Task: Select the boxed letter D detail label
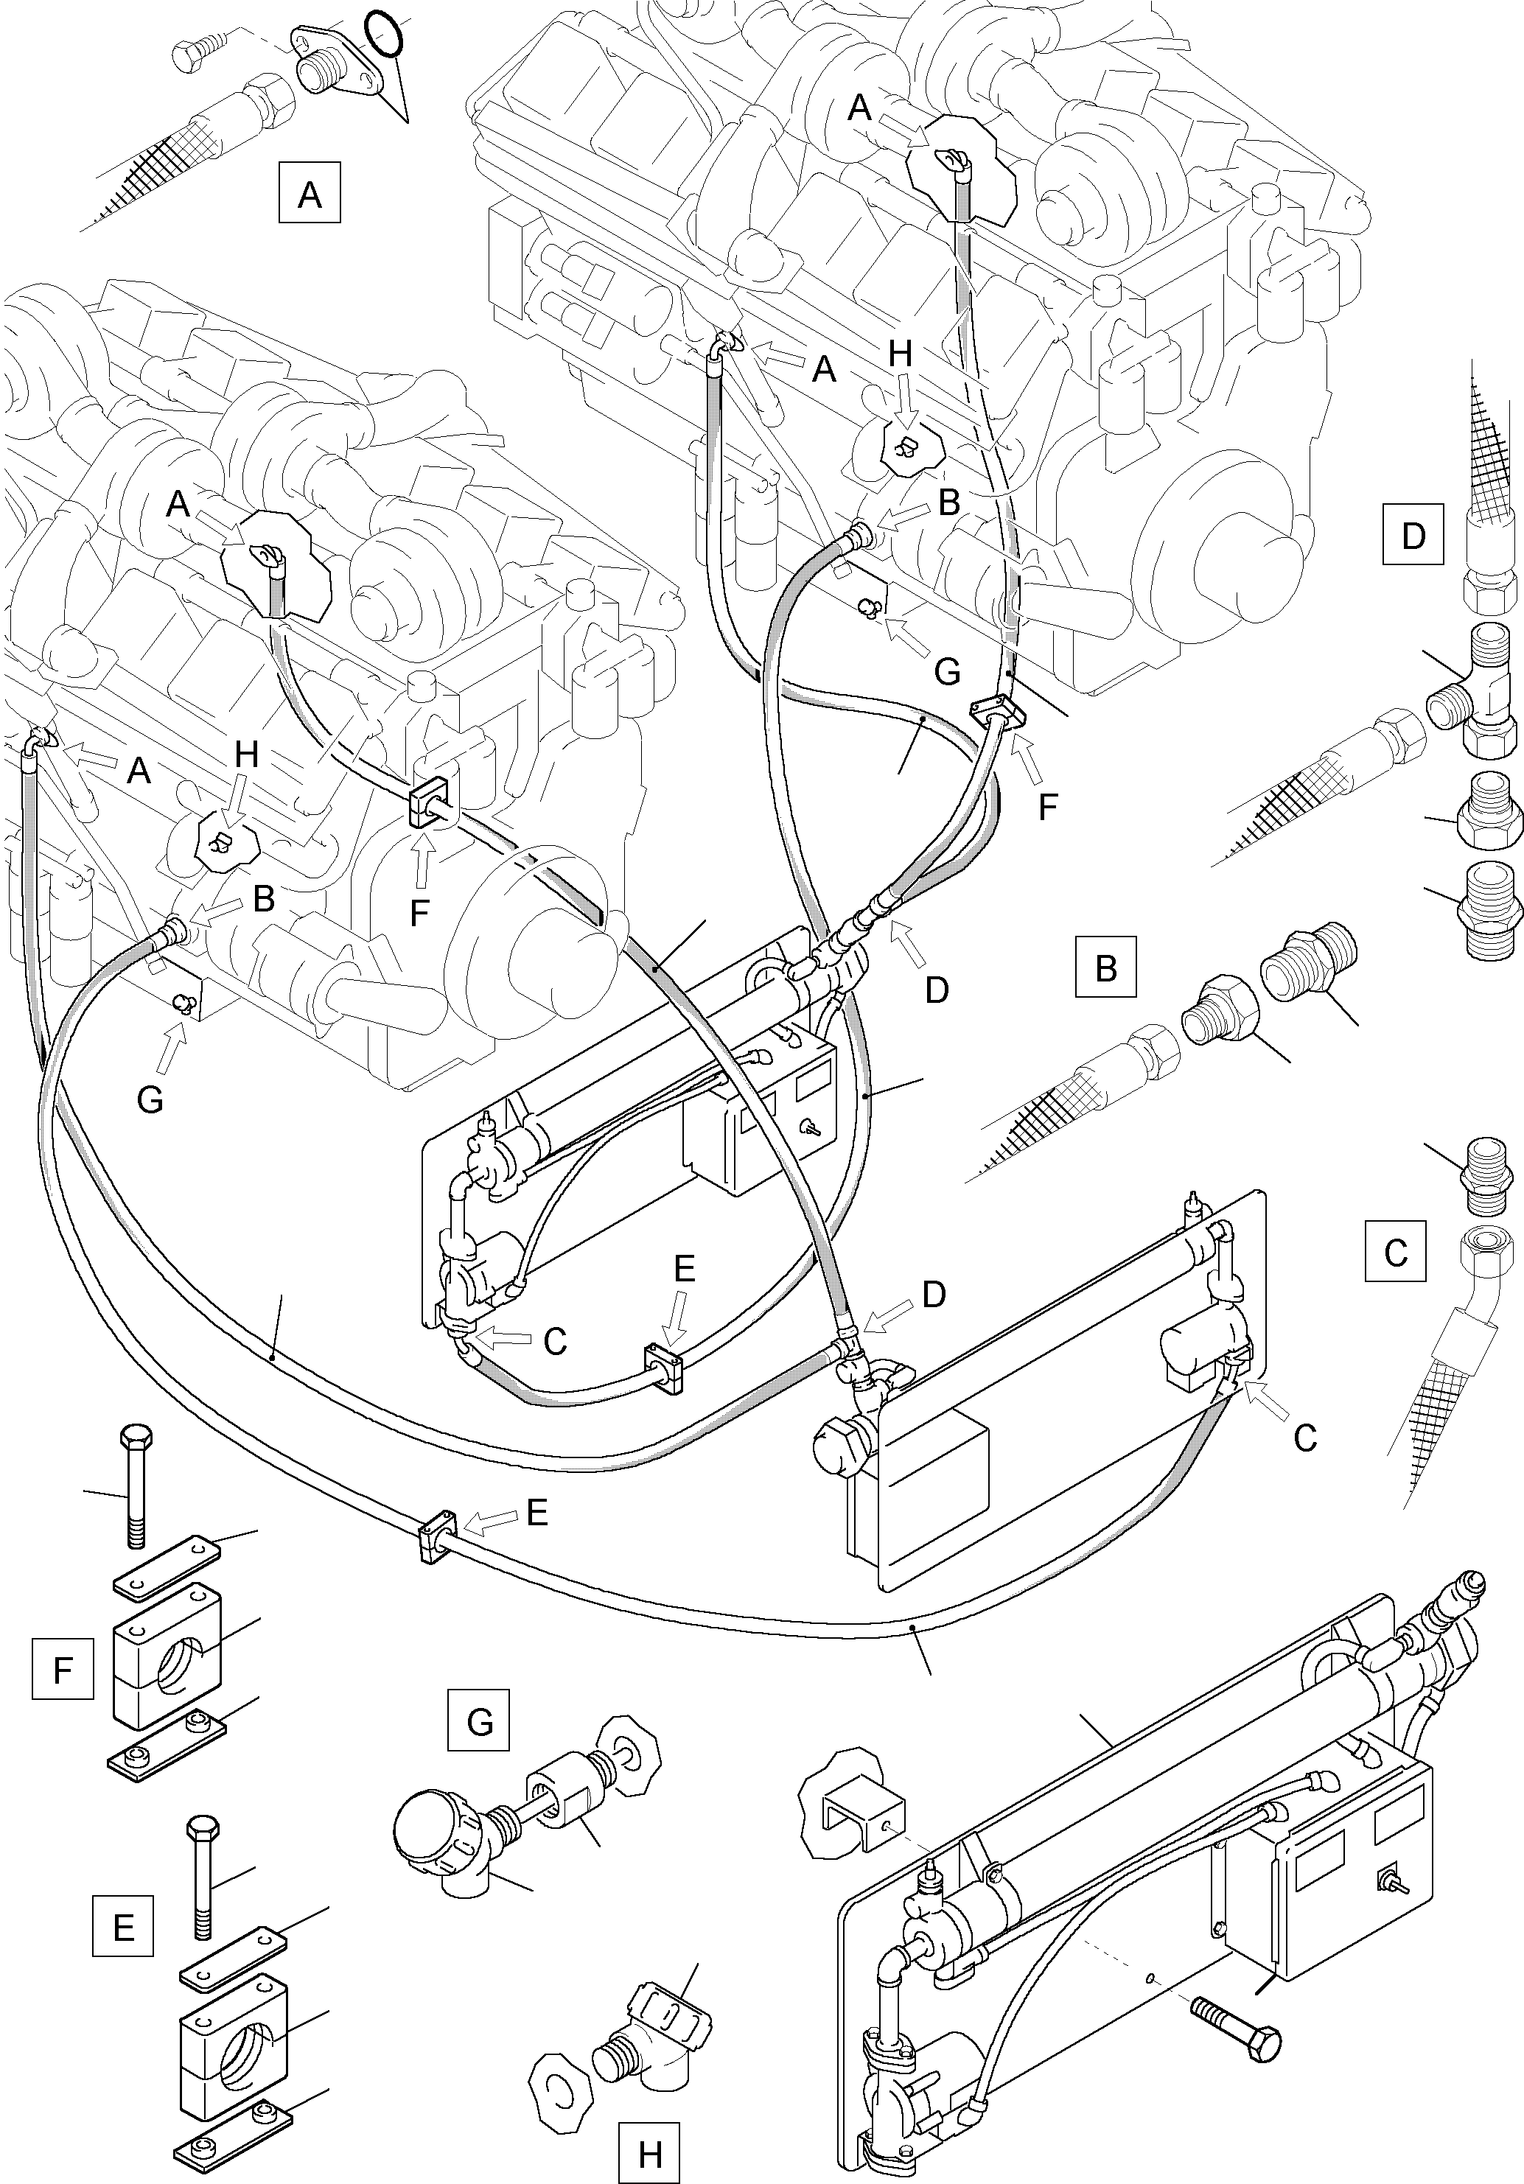[x=1413, y=536]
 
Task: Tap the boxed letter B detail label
[x=1105, y=967]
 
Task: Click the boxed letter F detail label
[x=63, y=1668]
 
